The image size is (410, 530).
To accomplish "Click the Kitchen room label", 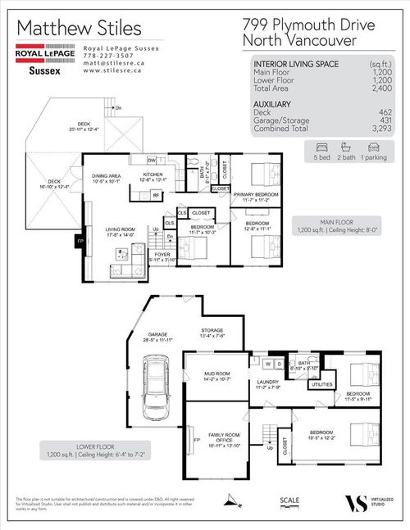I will (x=156, y=174).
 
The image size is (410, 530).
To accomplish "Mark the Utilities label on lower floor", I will (x=322, y=383).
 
